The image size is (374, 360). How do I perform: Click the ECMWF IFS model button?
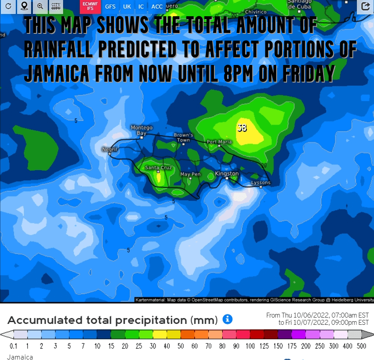pyautogui.click(x=90, y=6)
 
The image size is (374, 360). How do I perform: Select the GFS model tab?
pyautogui.click(x=110, y=7)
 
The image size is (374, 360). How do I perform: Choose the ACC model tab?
pyautogui.click(x=157, y=7)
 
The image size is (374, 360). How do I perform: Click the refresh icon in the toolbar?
pyautogui.click(x=8, y=6)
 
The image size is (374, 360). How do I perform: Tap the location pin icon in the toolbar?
pyautogui.click(x=24, y=6)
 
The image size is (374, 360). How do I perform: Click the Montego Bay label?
pyautogui.click(x=141, y=130)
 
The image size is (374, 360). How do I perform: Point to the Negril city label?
pyautogui.click(x=109, y=149)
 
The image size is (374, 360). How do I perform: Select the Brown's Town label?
pyautogui.click(x=183, y=138)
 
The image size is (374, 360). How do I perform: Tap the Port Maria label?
pyautogui.click(x=219, y=142)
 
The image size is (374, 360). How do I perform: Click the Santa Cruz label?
pyautogui.click(x=158, y=168)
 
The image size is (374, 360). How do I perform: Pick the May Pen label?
pyautogui.click(x=190, y=174)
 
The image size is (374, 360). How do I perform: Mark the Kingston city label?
pyautogui.click(x=227, y=174)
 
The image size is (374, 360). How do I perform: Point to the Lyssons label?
pyautogui.click(x=260, y=183)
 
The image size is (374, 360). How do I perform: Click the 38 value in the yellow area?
pyautogui.click(x=242, y=128)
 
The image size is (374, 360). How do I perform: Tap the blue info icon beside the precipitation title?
pyautogui.click(x=228, y=320)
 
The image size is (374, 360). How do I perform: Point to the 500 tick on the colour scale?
pyautogui.click(x=360, y=346)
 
